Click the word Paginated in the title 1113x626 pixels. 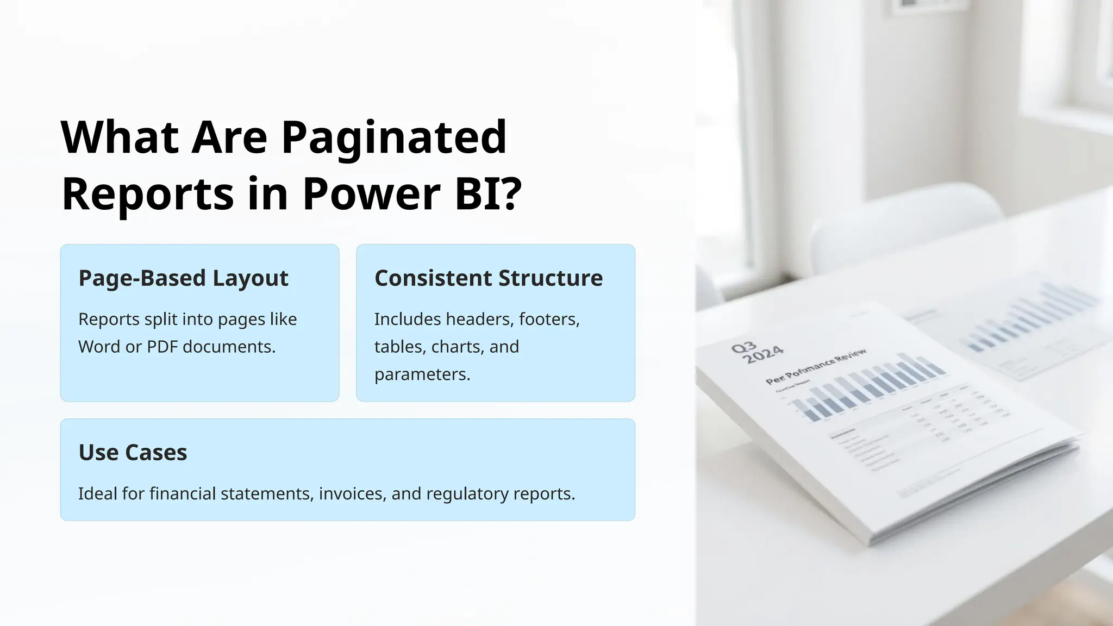point(394,138)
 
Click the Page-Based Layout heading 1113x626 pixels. point(183,278)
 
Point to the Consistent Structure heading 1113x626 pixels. point(488,278)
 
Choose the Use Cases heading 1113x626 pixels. point(133,453)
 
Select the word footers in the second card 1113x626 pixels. point(549,319)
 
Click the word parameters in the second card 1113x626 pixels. point(422,374)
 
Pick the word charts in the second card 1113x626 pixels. point(455,347)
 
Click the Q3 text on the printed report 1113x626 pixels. point(743,347)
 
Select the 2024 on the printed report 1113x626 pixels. point(763,355)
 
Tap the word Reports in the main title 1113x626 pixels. point(148,193)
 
